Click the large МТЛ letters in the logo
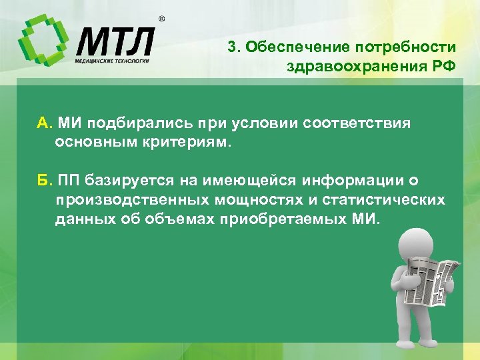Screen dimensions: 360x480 click(114, 41)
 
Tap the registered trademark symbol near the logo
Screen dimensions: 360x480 click(161, 19)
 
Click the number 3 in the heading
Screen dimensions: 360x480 click(231, 47)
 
